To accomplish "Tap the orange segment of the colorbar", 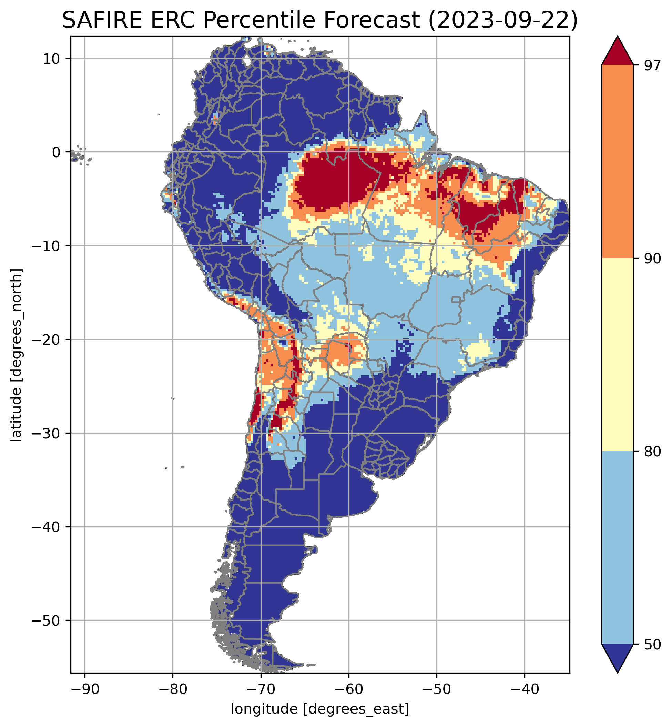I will coord(618,162).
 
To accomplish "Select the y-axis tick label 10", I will coord(51,59).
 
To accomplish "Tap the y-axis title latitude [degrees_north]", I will coord(16,355).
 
